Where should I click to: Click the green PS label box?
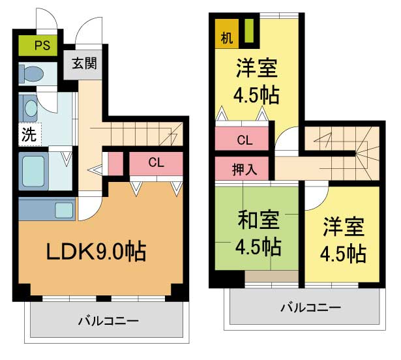[x=41, y=46]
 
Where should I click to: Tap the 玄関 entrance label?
[x=84, y=64]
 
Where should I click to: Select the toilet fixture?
[x=31, y=74]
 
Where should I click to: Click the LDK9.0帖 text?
[x=96, y=250]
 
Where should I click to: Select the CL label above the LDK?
[x=155, y=162]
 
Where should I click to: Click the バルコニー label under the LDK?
[x=108, y=321]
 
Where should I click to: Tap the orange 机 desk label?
[x=226, y=37]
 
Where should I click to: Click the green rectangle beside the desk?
[x=248, y=32]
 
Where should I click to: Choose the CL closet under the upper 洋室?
[x=245, y=139]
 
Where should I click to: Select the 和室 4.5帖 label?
[x=258, y=233]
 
